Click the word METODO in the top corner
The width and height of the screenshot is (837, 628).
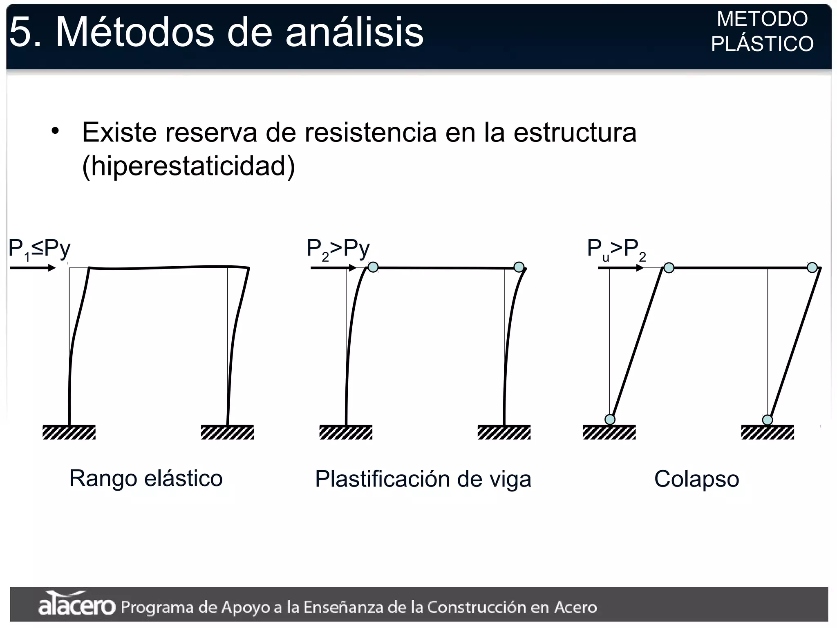(x=762, y=19)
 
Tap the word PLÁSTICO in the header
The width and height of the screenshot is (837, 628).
(x=762, y=44)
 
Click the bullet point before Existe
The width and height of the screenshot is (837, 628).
(x=55, y=131)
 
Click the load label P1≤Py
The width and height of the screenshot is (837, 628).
(x=39, y=249)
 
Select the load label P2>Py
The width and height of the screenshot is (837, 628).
(x=338, y=249)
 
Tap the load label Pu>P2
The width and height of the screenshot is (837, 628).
(x=616, y=249)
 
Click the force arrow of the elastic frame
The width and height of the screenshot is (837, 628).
(x=33, y=268)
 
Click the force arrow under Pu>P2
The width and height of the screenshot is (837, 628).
(x=620, y=268)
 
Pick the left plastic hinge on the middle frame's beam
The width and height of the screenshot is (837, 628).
(x=373, y=267)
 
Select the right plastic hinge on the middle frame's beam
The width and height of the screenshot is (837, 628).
(x=519, y=267)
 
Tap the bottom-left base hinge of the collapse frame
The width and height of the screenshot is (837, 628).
(x=610, y=419)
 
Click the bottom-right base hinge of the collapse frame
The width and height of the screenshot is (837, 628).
(x=768, y=420)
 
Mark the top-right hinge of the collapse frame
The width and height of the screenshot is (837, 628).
(x=812, y=268)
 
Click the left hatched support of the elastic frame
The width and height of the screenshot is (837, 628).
(x=69, y=432)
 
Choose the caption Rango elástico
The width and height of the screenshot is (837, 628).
(x=146, y=478)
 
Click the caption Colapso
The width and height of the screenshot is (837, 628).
(x=696, y=479)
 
